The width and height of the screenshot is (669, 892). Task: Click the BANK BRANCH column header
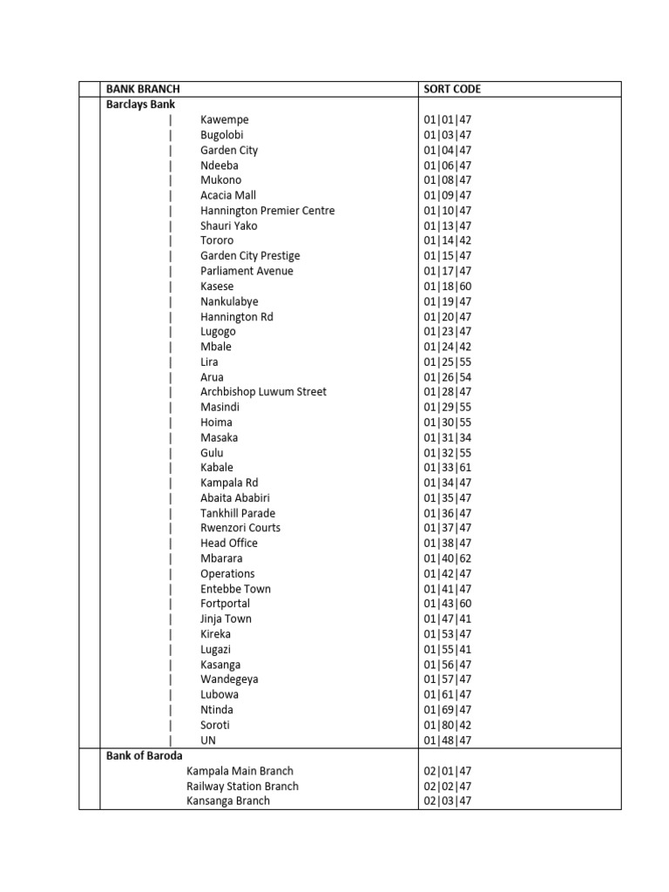[143, 89]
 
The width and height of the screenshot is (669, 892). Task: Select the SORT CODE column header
[452, 89]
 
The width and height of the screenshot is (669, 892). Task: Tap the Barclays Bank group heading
[140, 104]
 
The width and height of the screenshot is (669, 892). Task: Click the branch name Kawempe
[225, 119]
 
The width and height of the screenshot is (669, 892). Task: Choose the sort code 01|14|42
[448, 240]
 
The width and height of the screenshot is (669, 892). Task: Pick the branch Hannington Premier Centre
[267, 211]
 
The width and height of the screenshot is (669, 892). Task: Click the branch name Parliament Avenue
[247, 271]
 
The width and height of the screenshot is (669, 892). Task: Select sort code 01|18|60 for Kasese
[448, 286]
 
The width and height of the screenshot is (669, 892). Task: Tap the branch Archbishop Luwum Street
[263, 392]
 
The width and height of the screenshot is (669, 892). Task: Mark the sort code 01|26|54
[448, 377]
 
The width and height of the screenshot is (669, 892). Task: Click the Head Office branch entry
[229, 543]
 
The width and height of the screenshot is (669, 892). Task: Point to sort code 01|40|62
[448, 558]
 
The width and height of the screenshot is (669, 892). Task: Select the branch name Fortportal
[225, 604]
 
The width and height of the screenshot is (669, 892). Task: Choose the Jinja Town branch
[226, 618]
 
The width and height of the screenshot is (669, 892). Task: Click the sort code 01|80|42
[448, 725]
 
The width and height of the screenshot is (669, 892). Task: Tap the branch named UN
[208, 740]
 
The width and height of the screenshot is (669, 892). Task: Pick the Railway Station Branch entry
[242, 786]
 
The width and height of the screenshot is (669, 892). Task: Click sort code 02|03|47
[448, 801]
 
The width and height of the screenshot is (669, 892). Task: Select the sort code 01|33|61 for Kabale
[448, 468]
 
